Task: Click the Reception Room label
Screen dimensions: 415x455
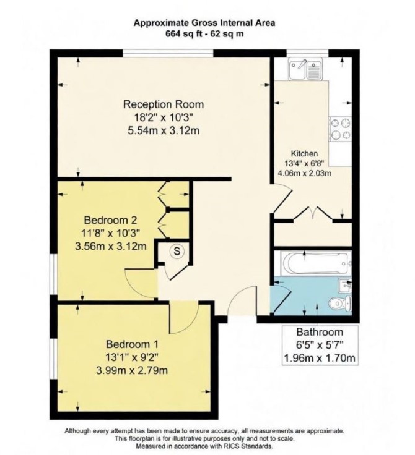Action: (164, 104)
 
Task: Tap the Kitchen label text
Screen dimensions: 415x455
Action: (305, 153)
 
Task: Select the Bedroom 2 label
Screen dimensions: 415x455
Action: (110, 220)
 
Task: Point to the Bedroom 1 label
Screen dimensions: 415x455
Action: (132, 344)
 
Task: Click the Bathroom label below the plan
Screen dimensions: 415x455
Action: (320, 332)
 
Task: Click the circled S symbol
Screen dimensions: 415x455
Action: (177, 251)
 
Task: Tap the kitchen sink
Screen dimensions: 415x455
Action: (305, 69)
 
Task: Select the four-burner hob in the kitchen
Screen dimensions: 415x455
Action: (340, 129)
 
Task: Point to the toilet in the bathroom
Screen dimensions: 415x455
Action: (340, 304)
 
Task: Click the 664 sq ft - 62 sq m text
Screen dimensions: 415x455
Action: (204, 34)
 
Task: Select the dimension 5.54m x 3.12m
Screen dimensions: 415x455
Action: (164, 130)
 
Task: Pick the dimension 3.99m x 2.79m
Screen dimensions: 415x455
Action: (132, 370)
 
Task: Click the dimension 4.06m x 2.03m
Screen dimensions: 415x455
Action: (305, 174)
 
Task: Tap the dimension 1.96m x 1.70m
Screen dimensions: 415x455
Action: (320, 358)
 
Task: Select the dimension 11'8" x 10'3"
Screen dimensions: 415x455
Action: (110, 233)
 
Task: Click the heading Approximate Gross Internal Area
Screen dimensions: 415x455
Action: (204, 23)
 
